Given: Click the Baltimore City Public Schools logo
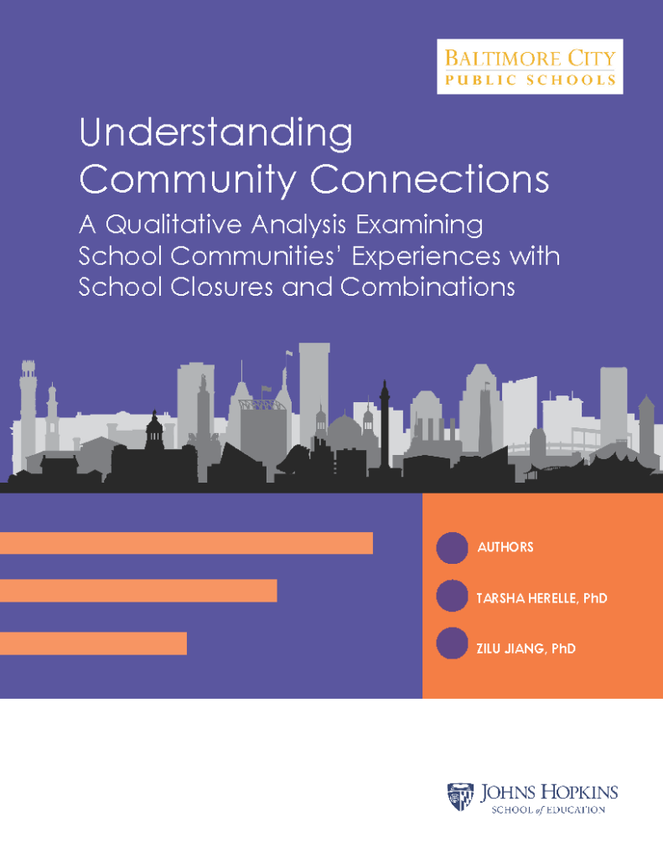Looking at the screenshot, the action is pyautogui.click(x=530, y=67).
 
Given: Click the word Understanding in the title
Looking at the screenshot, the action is pyautogui.click(x=216, y=133).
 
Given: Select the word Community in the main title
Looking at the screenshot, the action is pyautogui.click(x=188, y=179).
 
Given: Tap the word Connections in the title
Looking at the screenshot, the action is pyautogui.click(x=430, y=179).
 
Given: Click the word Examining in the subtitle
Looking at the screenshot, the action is pyautogui.click(x=419, y=225).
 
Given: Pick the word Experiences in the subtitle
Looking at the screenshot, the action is pyautogui.click(x=426, y=256).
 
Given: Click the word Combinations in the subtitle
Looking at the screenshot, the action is pyautogui.click(x=427, y=287).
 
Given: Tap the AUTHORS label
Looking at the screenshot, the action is pyautogui.click(x=505, y=547).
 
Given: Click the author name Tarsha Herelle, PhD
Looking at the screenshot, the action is pyautogui.click(x=542, y=598).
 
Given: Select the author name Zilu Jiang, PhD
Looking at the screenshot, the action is pyautogui.click(x=526, y=649).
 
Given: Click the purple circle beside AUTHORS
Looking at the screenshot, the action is pyautogui.click(x=453, y=548).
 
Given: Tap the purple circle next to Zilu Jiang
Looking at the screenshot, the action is pyautogui.click(x=453, y=643).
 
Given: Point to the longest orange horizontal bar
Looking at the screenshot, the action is pyautogui.click(x=186, y=543).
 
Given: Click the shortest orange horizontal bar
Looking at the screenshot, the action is pyautogui.click(x=93, y=643).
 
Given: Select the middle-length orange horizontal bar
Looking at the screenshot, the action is pyautogui.click(x=138, y=591).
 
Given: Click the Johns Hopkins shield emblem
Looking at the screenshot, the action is pyautogui.click(x=460, y=796).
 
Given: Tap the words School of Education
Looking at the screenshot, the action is pyautogui.click(x=548, y=810).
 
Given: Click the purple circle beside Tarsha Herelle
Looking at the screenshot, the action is pyautogui.click(x=453, y=596).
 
